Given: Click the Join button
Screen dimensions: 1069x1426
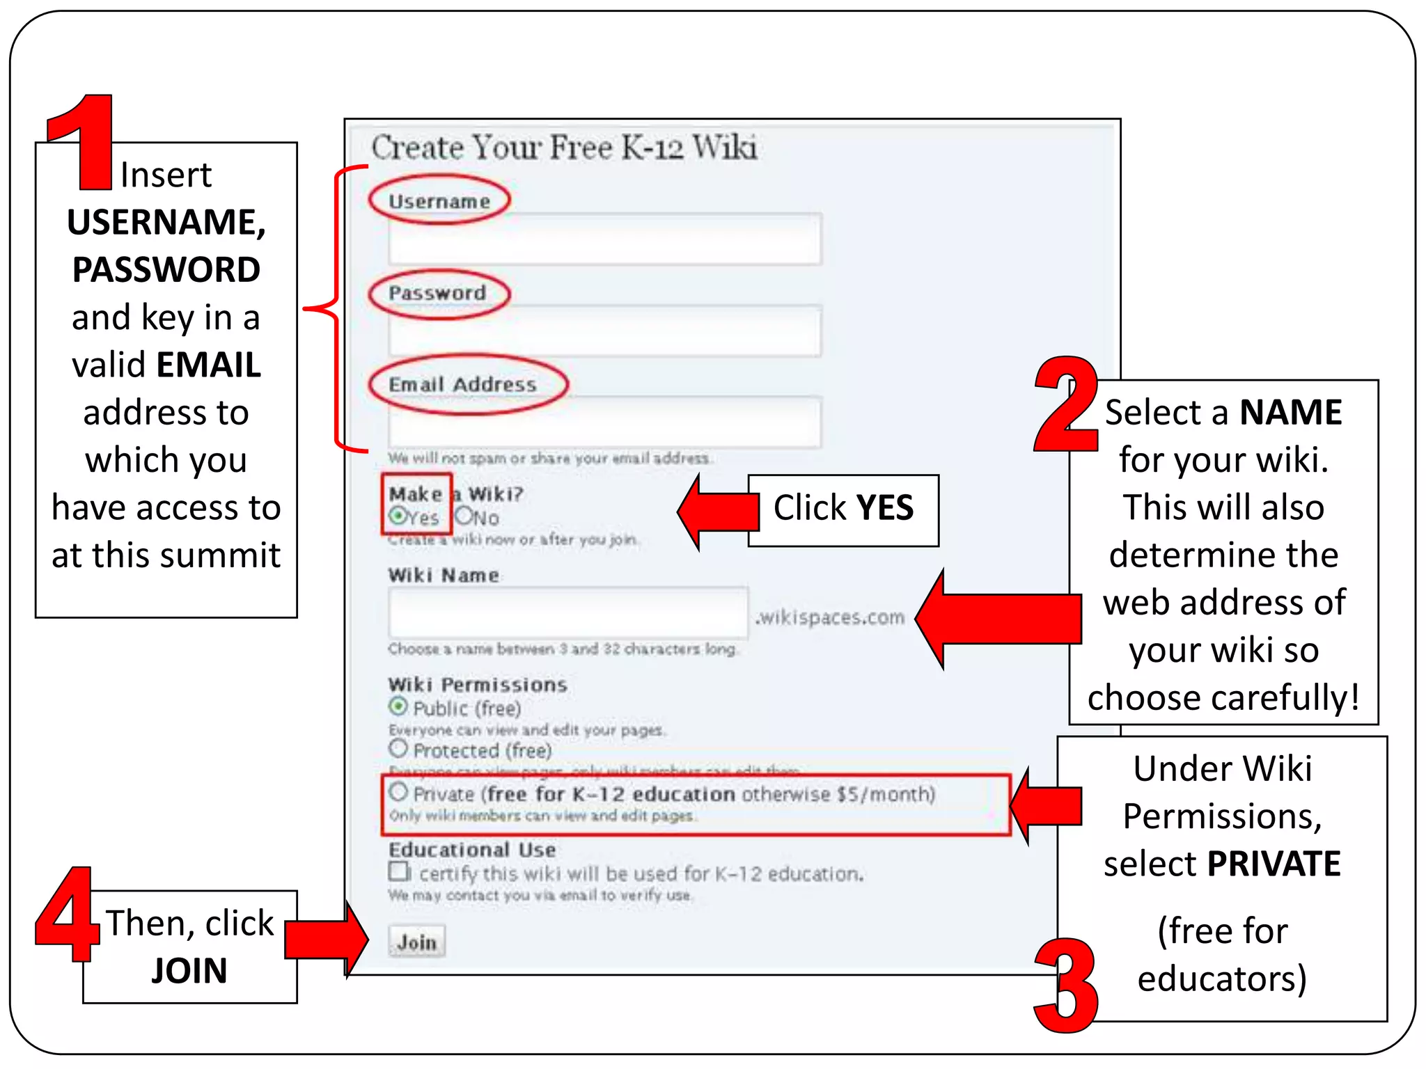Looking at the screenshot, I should point(416,942).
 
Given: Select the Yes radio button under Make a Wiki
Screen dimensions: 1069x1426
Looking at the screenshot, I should point(398,516).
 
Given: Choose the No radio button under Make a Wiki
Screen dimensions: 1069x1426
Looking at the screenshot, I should point(464,516).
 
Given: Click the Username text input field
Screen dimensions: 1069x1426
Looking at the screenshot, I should point(604,239).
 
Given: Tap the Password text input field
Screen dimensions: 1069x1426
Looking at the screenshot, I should point(604,331).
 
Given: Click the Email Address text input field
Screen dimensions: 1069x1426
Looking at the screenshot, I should point(604,422).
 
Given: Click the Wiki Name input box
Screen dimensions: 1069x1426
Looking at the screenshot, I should point(567,612).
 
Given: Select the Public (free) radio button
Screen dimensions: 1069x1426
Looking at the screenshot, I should point(398,707).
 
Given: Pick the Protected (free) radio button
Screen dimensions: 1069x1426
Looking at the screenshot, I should point(398,749).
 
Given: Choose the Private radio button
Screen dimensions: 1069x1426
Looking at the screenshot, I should point(398,792).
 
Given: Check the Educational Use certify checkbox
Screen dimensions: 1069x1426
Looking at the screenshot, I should point(399,872).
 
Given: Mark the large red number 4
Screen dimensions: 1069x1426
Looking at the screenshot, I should point(67,914).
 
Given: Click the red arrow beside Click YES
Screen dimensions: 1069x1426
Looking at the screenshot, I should point(717,512).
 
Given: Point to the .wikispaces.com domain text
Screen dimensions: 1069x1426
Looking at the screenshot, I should point(830,617).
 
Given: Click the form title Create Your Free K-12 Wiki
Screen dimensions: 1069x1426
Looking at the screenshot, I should point(564,148).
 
